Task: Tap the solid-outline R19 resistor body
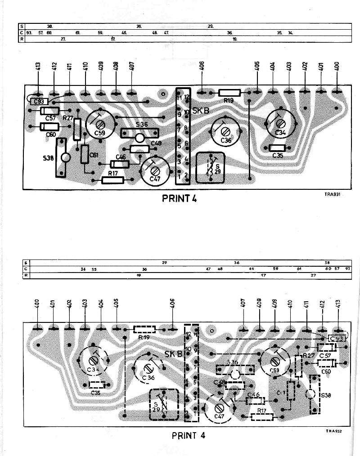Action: [229, 93]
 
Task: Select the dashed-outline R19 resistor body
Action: [144, 329]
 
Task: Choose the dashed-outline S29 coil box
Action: [163, 404]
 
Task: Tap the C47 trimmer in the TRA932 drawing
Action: [220, 407]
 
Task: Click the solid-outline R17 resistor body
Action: [112, 180]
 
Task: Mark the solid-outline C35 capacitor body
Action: [278, 148]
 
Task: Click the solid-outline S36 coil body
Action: [140, 134]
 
